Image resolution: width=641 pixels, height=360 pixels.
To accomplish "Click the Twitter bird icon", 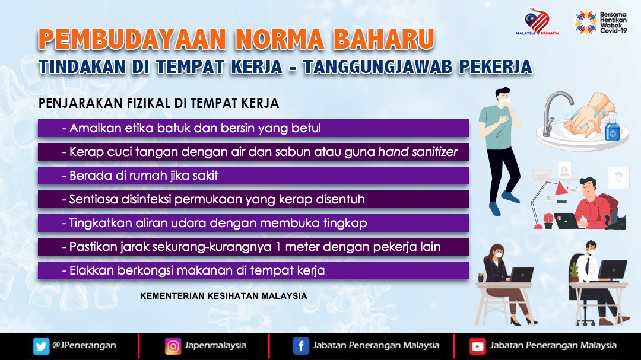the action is (41, 346).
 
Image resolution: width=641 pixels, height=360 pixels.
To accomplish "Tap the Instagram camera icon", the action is (173, 346).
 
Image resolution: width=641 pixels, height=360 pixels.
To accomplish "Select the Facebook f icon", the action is (300, 346).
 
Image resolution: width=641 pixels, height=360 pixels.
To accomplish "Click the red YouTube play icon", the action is (477, 346).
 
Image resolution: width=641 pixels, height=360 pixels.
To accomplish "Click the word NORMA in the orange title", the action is (280, 40).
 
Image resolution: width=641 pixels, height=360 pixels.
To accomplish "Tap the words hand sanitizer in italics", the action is (418, 152).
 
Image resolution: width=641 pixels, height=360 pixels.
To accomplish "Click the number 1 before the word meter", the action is (278, 247).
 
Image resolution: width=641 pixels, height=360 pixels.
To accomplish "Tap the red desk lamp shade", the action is (560, 188).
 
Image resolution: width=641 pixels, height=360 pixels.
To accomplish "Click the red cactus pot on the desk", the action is (548, 221).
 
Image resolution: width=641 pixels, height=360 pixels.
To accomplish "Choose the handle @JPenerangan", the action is (84, 345).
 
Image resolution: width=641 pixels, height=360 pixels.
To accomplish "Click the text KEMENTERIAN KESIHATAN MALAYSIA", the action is (224, 296).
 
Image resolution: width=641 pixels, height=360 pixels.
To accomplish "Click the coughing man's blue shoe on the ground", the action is (495, 209).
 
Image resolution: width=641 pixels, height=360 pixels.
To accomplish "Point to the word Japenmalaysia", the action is (215, 345).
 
